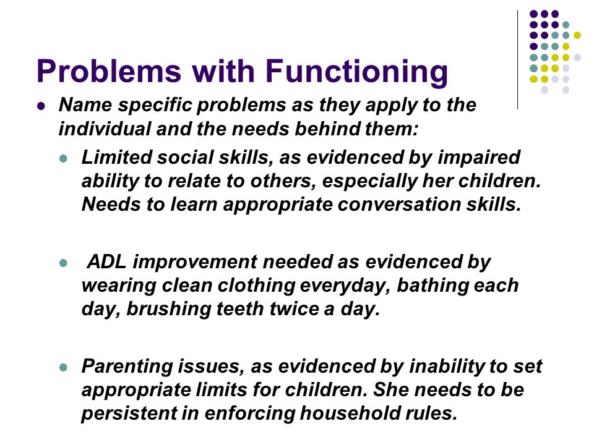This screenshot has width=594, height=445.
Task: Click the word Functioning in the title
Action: pyautogui.click(x=356, y=72)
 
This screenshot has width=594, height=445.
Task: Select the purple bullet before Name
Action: pyautogui.click(x=41, y=106)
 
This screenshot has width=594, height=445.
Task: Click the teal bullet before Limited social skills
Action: pyautogui.click(x=63, y=158)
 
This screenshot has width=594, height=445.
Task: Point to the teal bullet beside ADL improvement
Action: pyautogui.click(x=63, y=263)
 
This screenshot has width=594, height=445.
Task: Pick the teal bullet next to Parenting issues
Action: pyautogui.click(x=63, y=367)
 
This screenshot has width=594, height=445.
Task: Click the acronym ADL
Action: pyautogui.click(x=106, y=262)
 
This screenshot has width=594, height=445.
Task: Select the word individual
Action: pyautogui.click(x=105, y=129)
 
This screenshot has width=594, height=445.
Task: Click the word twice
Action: pyautogui.click(x=294, y=309)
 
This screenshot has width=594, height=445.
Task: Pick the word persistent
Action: pyautogui.click(x=129, y=413)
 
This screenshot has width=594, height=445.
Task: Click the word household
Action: pyautogui.click(x=350, y=413)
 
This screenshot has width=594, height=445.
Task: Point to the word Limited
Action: pyautogui.click(x=116, y=158)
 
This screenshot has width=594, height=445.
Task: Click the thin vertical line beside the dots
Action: pyautogui.click(x=517, y=60)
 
